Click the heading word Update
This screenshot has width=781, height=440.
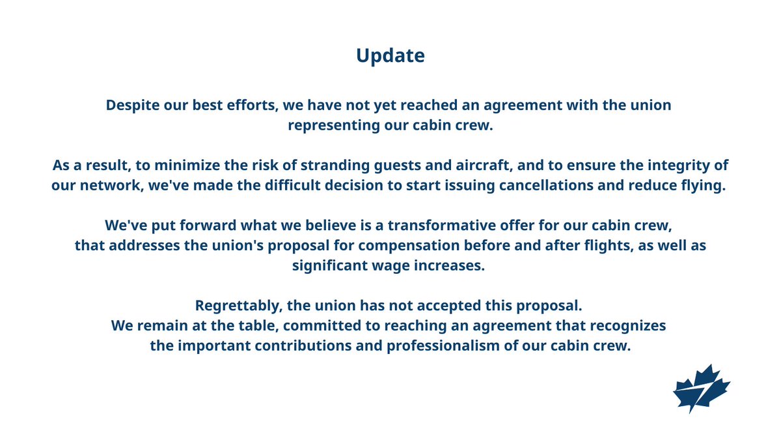tap(390, 55)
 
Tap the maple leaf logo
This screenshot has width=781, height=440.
tap(702, 389)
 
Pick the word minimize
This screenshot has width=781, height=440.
tap(187, 165)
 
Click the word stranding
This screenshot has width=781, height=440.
tap(335, 166)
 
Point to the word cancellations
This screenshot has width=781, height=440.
tap(546, 185)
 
